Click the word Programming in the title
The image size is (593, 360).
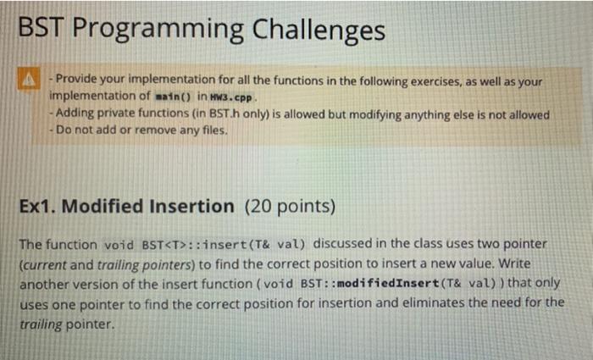click(x=158, y=30)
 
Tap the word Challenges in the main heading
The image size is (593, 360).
click(x=319, y=30)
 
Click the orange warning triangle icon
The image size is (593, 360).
click(x=29, y=79)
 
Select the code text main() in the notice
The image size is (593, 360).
click(x=174, y=97)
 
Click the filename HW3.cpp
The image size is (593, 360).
click(x=231, y=97)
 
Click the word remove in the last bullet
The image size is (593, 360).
click(x=151, y=130)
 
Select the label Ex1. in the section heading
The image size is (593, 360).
click(x=38, y=207)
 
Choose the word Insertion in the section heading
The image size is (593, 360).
click(x=191, y=207)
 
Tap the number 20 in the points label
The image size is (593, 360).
click(x=258, y=207)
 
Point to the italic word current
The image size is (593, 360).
click(x=45, y=264)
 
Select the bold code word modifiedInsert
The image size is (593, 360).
click(x=388, y=283)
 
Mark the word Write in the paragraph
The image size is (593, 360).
click(x=515, y=263)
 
